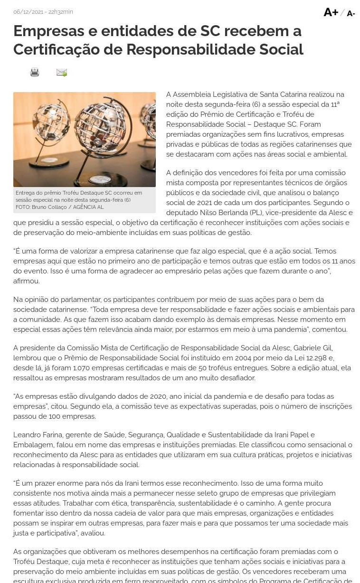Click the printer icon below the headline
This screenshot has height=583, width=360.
35,72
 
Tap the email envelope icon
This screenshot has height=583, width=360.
62,73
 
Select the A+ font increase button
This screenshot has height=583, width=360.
331,12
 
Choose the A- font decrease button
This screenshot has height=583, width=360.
351,14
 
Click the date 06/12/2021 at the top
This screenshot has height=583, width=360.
28,12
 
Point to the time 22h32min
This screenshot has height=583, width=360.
61,12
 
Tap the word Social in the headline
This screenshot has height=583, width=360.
281,49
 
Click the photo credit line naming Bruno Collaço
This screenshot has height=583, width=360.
59,207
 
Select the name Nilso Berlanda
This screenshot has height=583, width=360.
223,213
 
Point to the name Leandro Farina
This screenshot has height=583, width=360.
38,435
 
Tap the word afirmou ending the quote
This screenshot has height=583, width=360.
27,281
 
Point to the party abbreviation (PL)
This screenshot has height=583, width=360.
257,213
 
